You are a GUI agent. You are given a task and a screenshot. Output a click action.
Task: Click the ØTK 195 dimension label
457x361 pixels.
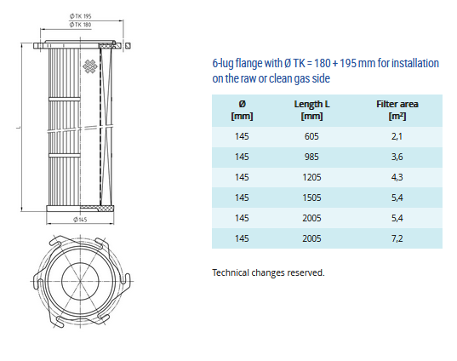tap(80, 16)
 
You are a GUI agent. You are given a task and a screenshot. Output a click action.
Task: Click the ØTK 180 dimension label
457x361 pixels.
tap(80, 25)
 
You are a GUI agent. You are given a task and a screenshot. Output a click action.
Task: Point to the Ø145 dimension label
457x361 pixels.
tap(80, 220)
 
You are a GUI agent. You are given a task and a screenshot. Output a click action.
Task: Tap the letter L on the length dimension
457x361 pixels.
tap(19, 128)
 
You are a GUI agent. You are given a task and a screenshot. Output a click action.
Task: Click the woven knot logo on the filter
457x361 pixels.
tap(89, 66)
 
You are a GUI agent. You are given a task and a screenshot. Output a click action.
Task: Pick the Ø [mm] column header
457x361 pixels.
tap(242, 110)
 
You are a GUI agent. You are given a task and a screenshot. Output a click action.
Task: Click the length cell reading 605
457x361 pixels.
tap(311, 136)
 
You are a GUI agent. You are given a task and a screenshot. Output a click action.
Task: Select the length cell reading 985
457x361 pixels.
tap(311, 157)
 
